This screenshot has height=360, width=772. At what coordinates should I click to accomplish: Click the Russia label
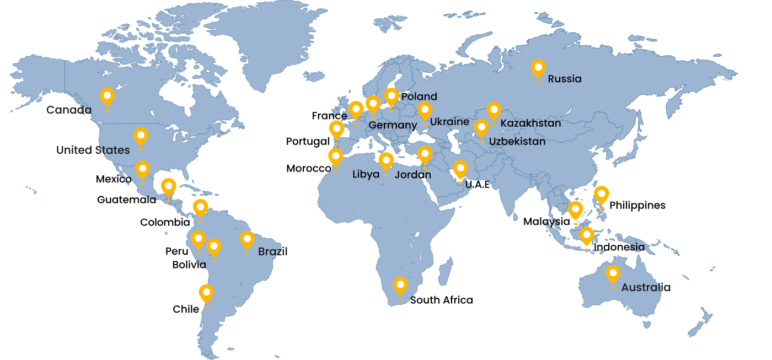coord(564,79)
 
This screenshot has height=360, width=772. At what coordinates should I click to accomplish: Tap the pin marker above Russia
coord(538,69)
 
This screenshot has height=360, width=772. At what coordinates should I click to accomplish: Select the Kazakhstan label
coord(530,123)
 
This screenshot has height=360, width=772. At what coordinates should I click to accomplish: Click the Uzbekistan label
coord(517,142)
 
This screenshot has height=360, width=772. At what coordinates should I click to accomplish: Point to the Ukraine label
coord(449,122)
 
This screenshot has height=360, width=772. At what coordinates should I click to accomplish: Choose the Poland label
coord(419,96)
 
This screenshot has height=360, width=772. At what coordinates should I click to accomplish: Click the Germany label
coord(393,126)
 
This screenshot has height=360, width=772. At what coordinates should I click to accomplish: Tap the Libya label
coord(366,175)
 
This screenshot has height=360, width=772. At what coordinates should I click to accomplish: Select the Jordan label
coord(412,175)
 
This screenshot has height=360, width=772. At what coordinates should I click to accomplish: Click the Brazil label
coord(272,252)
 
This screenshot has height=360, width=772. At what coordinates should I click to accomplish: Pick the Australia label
coord(646,288)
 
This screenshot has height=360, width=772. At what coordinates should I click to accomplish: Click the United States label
coord(93,150)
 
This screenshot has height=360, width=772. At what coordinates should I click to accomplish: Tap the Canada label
coord(68,110)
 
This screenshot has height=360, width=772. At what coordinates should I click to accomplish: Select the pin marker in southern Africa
coord(400,286)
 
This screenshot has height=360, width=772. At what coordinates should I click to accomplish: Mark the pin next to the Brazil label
coord(247,240)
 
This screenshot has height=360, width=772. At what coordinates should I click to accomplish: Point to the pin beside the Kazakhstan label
coord(494,111)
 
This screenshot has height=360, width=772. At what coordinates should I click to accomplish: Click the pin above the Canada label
coord(107,97)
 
